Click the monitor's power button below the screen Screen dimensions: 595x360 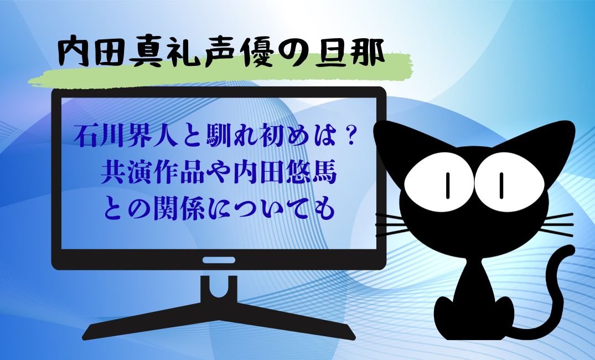tap(219, 260)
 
